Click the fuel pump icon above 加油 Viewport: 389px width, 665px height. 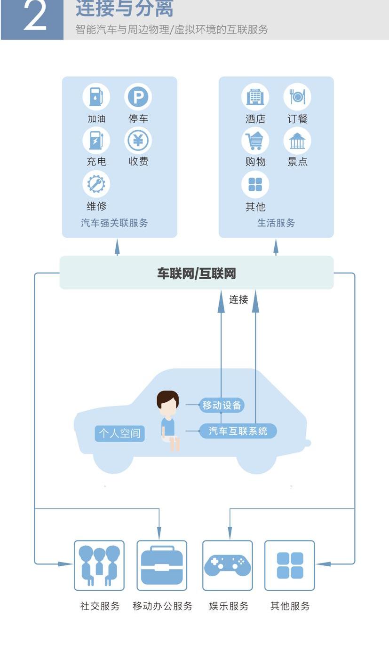coord(96,97)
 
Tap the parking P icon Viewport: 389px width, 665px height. coord(138,97)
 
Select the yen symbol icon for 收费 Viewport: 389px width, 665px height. coord(138,140)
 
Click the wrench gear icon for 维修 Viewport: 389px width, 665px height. coord(96,184)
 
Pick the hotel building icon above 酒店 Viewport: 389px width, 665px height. coord(255,97)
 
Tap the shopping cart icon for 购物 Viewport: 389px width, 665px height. coord(255,140)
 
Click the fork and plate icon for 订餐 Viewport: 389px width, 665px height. coord(297,97)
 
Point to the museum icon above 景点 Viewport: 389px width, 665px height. coord(297,140)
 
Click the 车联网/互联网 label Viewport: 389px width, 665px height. coord(197,274)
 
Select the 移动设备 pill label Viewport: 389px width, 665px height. coord(222,405)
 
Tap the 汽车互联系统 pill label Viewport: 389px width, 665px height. coord(238,431)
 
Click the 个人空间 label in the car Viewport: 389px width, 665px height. coord(119,433)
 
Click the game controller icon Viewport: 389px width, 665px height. coord(228,565)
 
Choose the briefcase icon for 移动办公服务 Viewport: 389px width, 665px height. coord(162,565)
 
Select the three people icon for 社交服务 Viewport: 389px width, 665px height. coord(99,565)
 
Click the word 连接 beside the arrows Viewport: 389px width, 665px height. coord(238,299)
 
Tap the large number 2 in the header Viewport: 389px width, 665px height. coord(35,17)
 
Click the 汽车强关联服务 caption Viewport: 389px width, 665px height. coord(114,223)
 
